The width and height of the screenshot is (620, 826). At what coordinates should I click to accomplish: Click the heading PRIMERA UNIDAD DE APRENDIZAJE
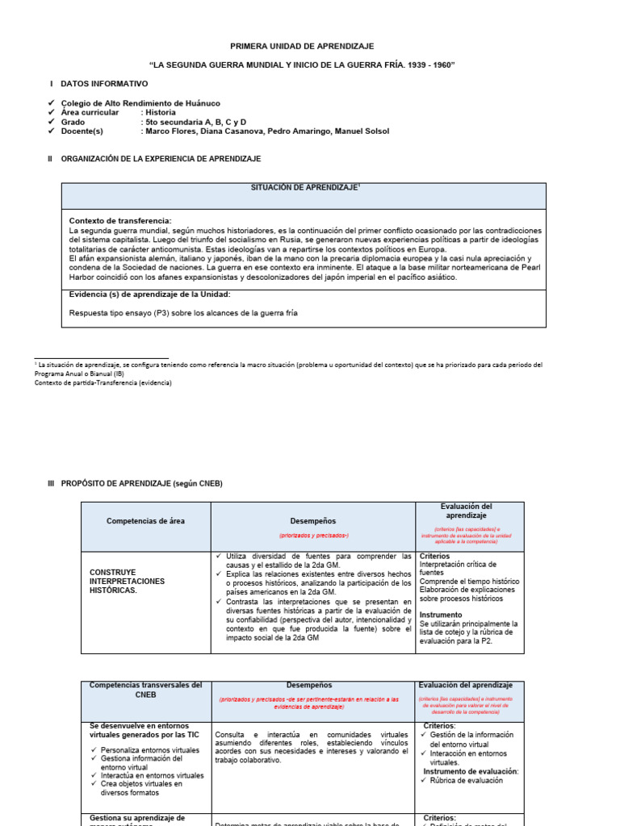click(303, 47)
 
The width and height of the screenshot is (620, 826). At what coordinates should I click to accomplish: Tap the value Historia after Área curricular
click(161, 113)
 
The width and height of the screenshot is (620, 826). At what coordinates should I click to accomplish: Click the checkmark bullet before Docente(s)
click(52, 131)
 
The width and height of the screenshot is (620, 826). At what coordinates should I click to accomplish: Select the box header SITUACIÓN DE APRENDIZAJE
click(303, 187)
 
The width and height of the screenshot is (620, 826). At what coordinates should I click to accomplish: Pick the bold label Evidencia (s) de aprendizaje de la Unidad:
click(150, 294)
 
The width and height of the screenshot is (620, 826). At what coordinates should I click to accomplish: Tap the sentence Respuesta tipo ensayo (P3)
click(184, 313)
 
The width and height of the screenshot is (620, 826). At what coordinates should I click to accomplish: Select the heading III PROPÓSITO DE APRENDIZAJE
click(135, 483)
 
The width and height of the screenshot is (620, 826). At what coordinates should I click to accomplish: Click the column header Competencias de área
click(145, 521)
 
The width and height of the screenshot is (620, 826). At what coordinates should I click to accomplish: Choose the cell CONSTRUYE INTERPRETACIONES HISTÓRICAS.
click(127, 581)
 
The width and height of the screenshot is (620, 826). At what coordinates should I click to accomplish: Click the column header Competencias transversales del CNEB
click(145, 690)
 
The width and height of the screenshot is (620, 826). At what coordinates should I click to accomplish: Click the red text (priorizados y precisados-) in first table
click(313, 536)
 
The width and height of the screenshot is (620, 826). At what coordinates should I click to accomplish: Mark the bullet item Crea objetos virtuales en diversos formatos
click(141, 787)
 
